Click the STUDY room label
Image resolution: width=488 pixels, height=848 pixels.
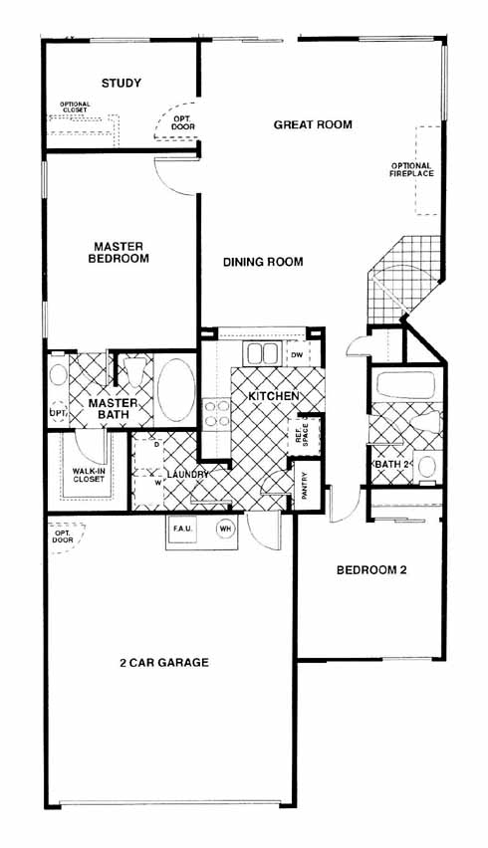coord(122,84)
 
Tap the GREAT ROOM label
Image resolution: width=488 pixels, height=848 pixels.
coord(313,125)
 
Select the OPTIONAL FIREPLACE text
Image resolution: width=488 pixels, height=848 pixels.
coord(412,170)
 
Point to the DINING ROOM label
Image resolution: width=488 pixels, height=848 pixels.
coord(263,263)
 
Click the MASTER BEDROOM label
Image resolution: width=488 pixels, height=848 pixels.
coord(119,253)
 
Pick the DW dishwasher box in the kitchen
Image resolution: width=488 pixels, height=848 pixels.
coord(297,354)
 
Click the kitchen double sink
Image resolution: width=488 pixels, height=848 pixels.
coord(262,353)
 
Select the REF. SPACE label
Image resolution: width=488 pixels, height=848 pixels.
coord(302,434)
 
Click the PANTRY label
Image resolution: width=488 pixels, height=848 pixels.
coord(304,486)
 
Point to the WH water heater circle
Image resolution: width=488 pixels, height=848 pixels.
coord(224,530)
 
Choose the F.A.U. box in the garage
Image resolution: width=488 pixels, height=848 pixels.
coord(180,529)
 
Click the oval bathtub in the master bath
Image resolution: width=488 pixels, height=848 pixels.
coord(176,389)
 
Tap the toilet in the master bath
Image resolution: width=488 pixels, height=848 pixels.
coord(134,371)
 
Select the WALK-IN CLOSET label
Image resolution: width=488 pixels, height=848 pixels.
coord(89,475)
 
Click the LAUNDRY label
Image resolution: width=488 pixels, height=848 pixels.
coord(188,475)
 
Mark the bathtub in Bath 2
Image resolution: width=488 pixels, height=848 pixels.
coord(405,384)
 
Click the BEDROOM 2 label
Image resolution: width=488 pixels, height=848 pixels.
coord(371,570)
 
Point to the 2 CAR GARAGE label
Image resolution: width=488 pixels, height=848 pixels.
coord(164,663)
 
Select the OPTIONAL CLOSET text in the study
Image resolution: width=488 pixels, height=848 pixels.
coord(75,107)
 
